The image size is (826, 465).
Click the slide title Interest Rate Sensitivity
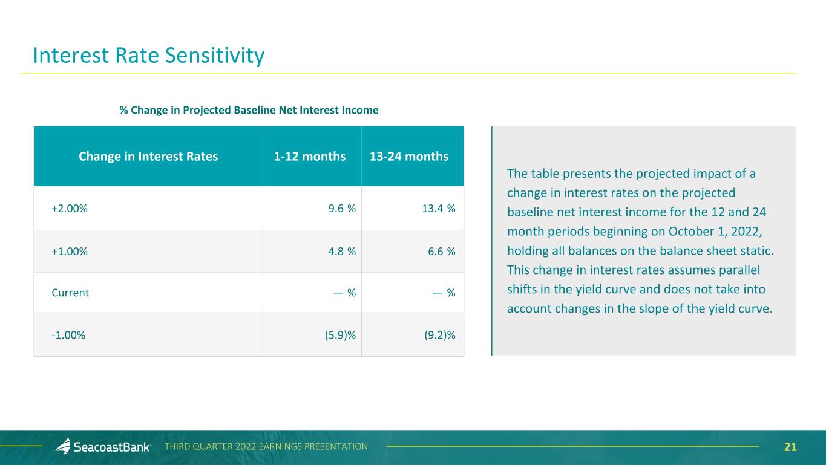pos(149,56)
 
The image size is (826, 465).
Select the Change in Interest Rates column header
pos(148,157)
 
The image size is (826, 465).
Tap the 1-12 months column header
pos(310,157)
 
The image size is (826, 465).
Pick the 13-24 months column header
pos(408,157)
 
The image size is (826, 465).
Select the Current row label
pos(71,293)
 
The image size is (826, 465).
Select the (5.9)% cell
pos(336,335)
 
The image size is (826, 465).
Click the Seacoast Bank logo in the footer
pos(103,447)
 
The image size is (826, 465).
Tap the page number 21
pos(790,447)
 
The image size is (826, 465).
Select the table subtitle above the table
pos(249,110)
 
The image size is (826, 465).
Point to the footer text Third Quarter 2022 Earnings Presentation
pos(266,447)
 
